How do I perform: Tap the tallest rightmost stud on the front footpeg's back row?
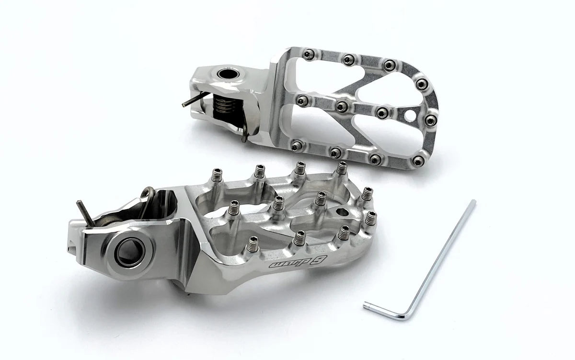coord(342,168)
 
